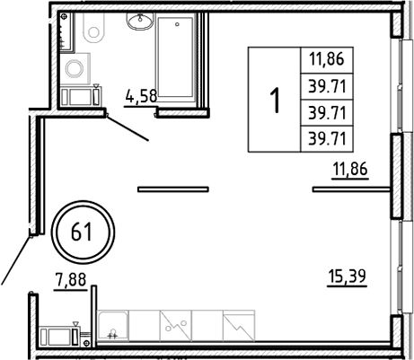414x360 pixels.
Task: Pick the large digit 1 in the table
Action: pyautogui.click(x=274, y=98)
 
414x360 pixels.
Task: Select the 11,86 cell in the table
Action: pyautogui.click(x=327, y=61)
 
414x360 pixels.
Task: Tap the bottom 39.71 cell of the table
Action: pyautogui.click(x=327, y=136)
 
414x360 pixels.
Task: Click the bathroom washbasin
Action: pyautogui.click(x=139, y=22)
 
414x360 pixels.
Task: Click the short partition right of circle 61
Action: pyautogui.click(x=172, y=189)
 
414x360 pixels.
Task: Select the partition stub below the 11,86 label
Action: pyautogui.click(x=351, y=189)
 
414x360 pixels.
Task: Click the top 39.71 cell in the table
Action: pyautogui.click(x=327, y=86)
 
